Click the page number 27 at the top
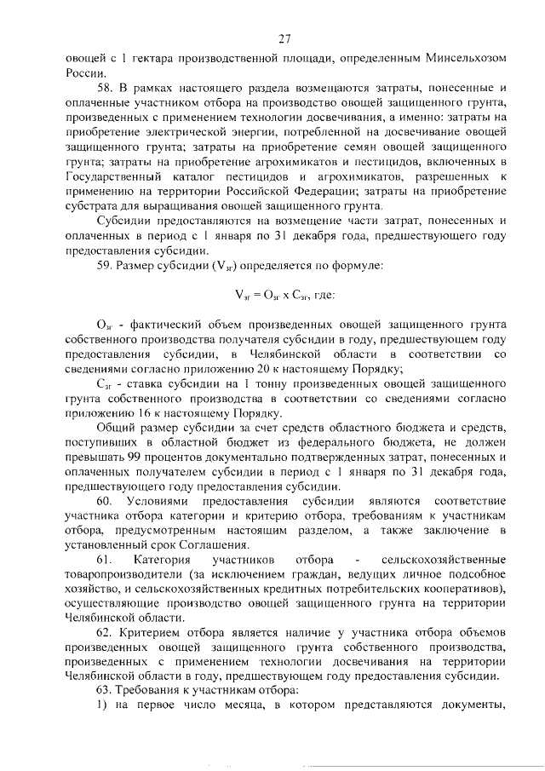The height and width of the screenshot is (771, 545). [x=284, y=38]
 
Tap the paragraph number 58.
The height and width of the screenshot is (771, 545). [x=103, y=88]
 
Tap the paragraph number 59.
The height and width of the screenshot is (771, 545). [x=103, y=265]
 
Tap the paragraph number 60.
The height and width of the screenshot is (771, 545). [x=104, y=500]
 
